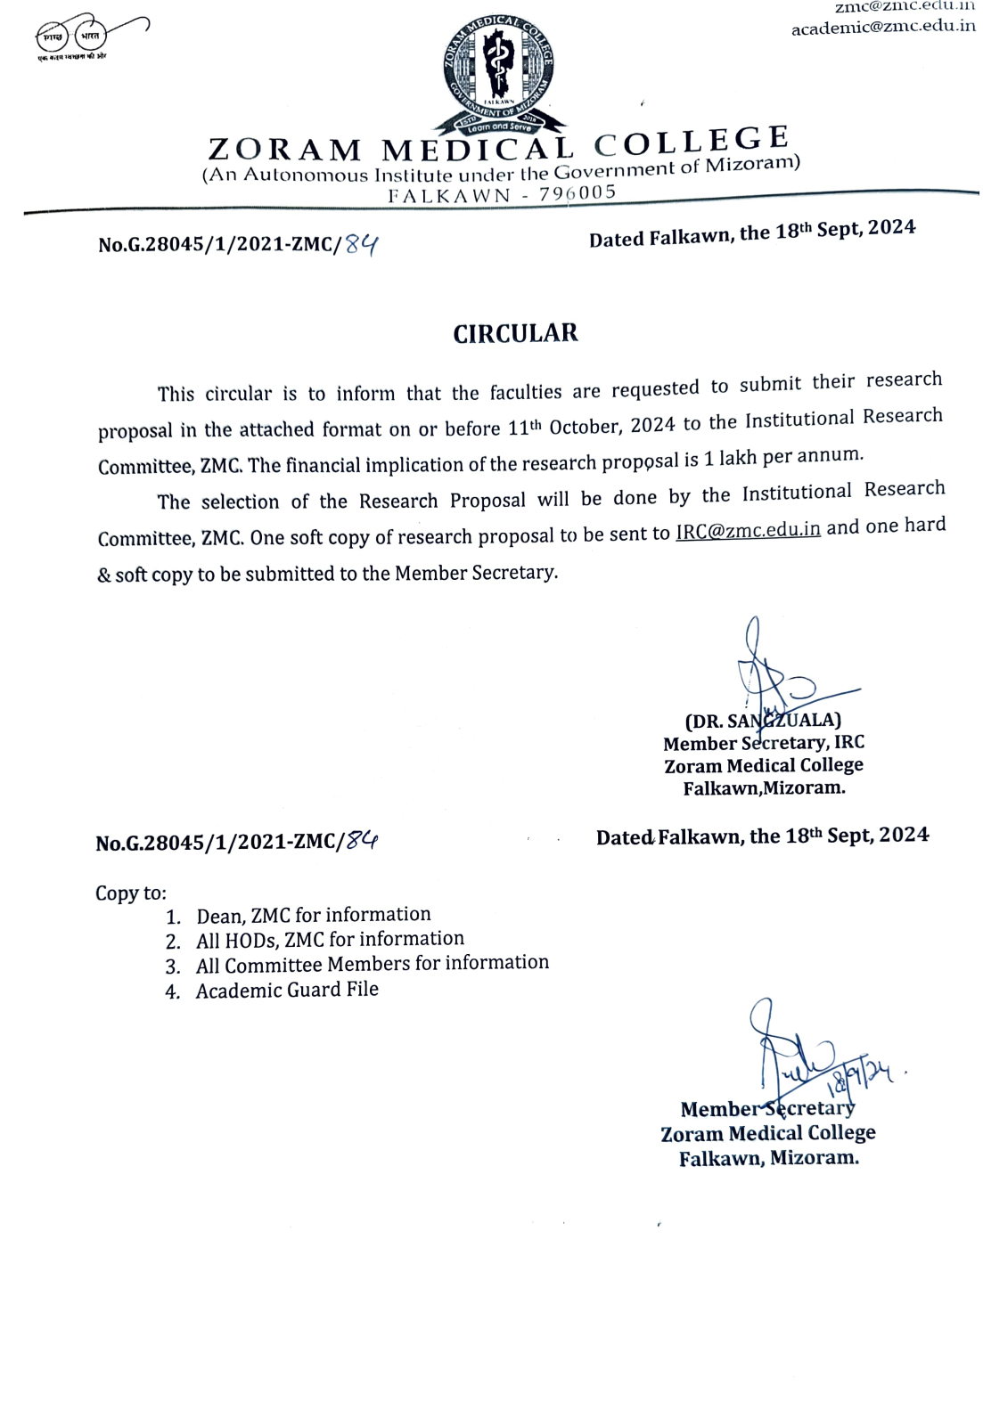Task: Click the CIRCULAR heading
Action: tap(515, 333)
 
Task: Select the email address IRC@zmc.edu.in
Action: tap(748, 530)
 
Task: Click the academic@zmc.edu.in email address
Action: tap(882, 27)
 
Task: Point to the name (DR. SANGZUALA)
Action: tap(763, 720)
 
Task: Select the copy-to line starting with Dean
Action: tap(313, 915)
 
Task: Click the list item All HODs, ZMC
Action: tap(330, 939)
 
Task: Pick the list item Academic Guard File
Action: tap(287, 990)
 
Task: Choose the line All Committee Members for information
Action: tap(372, 964)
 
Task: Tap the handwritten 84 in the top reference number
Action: tap(362, 243)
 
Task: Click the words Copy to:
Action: tap(131, 893)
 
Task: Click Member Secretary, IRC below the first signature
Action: tap(764, 743)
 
